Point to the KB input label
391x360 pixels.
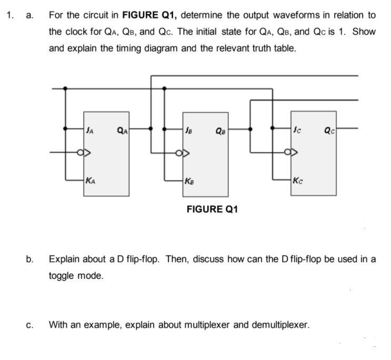click(189, 182)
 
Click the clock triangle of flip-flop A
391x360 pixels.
click(86, 154)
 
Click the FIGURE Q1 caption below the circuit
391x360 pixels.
click(213, 209)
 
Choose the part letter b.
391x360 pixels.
click(31, 259)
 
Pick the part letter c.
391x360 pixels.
click(30, 325)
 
